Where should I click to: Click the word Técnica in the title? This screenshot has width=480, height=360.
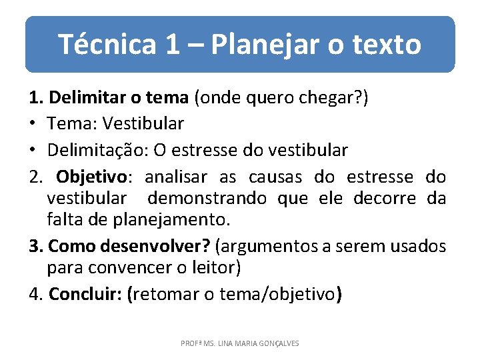(107, 45)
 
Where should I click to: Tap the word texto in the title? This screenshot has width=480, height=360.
(386, 45)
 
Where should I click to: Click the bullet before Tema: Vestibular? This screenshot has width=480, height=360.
(33, 124)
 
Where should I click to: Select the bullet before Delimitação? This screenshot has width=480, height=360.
(33, 150)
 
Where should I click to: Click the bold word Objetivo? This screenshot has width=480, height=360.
(94, 177)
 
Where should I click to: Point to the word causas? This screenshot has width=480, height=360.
(275, 177)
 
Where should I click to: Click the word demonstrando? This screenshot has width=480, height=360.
(207, 199)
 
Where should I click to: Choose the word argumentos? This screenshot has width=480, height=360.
(271, 246)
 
